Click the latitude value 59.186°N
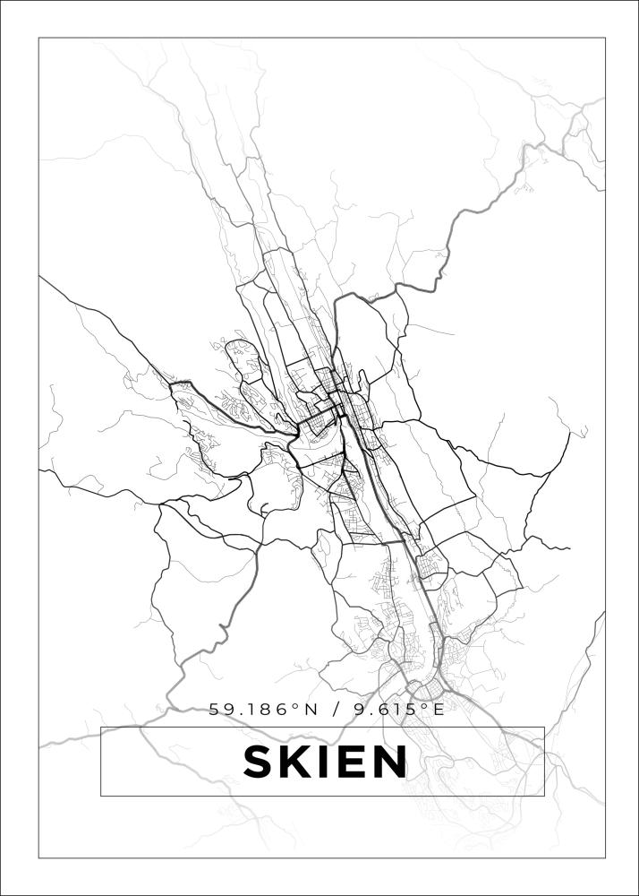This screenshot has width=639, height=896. [263, 710]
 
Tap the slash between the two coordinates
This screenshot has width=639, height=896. [337, 710]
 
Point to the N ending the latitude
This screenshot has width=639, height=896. [310, 710]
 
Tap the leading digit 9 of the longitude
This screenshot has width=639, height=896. [360, 710]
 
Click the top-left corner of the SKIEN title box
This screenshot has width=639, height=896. [100, 727]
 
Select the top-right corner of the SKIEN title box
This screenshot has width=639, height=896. [544, 727]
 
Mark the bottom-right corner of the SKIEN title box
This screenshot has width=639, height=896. [544, 796]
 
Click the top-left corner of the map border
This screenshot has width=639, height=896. [38, 38]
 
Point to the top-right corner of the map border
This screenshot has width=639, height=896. [606, 38]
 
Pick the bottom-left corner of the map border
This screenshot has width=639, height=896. [38, 858]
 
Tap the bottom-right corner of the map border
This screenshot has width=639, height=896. [606, 858]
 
